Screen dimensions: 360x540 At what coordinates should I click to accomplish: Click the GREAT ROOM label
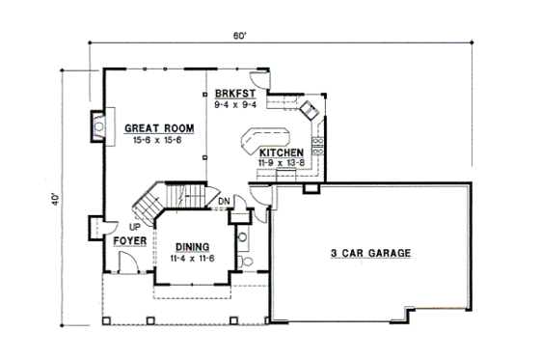click(x=158, y=128)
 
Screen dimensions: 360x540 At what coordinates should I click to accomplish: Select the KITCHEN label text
click(x=282, y=152)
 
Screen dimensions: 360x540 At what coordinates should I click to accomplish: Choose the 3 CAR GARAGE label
click(x=371, y=254)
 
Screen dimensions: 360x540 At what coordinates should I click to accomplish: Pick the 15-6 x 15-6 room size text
click(x=158, y=141)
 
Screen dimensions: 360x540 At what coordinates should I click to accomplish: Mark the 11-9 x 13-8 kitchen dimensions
click(x=282, y=164)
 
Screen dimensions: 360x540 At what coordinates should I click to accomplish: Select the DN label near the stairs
click(x=223, y=201)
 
